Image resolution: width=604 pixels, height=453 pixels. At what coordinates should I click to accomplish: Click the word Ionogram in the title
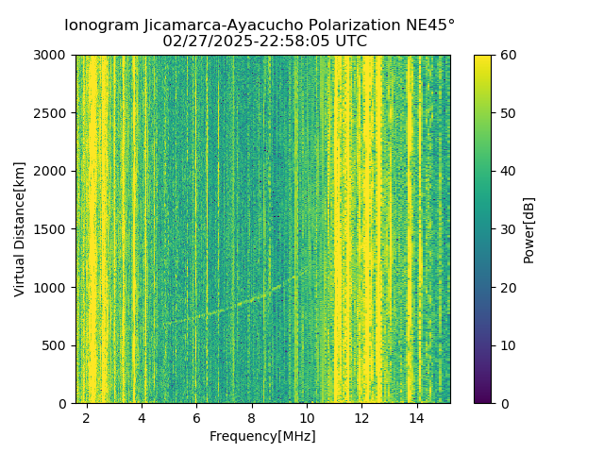pos(101,25)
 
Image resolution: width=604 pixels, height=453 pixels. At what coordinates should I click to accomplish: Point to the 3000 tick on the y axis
pos(54,55)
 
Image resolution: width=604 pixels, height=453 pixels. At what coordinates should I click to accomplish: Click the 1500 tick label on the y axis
pos(54,229)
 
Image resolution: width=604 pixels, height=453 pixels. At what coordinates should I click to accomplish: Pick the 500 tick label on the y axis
pos(58,345)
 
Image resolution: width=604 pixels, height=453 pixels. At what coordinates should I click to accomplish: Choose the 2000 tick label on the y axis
pos(54,171)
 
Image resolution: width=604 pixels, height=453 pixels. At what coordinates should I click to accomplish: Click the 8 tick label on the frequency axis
pos(252,418)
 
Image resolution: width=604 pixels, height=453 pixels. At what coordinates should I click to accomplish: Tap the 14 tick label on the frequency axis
pos(416,418)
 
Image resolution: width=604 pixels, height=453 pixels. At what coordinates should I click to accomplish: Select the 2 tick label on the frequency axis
pos(87,418)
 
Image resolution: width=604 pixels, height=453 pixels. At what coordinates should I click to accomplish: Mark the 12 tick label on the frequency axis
pos(361,418)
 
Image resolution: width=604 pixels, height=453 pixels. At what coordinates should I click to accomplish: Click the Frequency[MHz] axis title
pos(262,436)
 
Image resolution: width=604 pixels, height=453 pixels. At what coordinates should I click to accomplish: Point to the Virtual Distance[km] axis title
pos(20,228)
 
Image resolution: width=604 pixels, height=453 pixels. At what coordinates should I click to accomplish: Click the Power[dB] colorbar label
pos(529,229)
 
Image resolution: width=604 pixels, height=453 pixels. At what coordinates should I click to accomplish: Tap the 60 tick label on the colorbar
pos(509,55)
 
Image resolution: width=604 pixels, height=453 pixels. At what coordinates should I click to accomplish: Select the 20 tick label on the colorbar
pos(509,288)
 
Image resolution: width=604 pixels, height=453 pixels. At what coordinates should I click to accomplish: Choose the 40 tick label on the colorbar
pos(509,171)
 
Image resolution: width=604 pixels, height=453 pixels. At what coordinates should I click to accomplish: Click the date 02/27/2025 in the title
pos(204,42)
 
